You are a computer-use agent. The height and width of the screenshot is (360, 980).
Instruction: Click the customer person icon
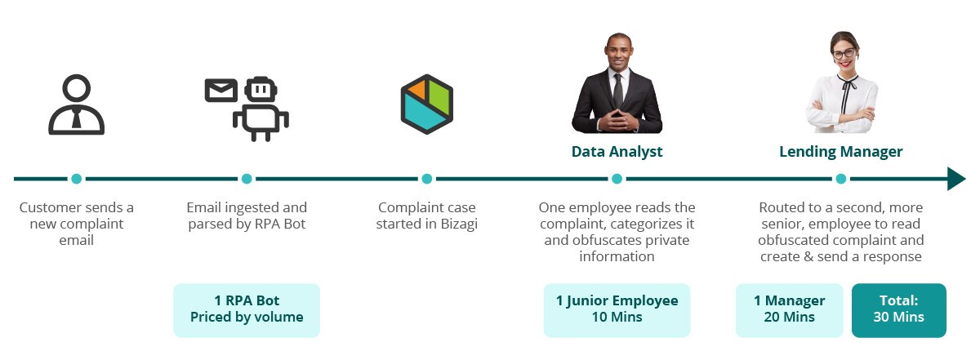pyautogui.click(x=76, y=105)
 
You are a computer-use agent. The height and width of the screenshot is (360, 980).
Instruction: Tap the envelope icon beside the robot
pyautogui.click(x=221, y=90)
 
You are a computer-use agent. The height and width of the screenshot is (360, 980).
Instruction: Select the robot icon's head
pyautogui.click(x=261, y=89)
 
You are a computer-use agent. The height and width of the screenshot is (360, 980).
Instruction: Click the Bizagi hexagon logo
pyautogui.click(x=426, y=104)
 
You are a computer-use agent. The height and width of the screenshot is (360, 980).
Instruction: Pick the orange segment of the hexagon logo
pyautogui.click(x=416, y=89)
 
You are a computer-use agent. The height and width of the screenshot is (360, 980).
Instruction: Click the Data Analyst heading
pyautogui.click(x=617, y=151)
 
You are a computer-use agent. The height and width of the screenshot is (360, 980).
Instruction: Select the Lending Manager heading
pyautogui.click(x=841, y=151)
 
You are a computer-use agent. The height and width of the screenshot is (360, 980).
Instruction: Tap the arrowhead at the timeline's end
pyautogui.click(x=956, y=179)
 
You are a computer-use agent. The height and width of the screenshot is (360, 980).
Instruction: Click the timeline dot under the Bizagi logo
pyautogui.click(x=427, y=179)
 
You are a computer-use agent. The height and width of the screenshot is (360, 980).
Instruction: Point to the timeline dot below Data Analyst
pyautogui.click(x=617, y=179)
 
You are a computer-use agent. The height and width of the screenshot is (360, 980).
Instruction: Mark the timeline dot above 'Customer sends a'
pyautogui.click(x=76, y=179)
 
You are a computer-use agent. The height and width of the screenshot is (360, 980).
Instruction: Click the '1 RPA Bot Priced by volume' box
pyautogui.click(x=247, y=310)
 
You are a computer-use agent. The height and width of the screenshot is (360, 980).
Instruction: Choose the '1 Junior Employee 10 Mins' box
pyautogui.click(x=617, y=310)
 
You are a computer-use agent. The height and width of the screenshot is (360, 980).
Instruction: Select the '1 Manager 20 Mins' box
pyautogui.click(x=789, y=310)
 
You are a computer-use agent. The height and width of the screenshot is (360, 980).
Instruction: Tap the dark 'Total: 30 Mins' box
pyautogui.click(x=899, y=310)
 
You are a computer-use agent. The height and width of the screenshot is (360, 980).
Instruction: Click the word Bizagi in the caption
pyautogui.click(x=459, y=224)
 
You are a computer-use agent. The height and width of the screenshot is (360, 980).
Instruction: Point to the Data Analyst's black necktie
pyautogui.click(x=617, y=91)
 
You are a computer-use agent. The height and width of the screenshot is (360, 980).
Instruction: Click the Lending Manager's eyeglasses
pyautogui.click(x=844, y=53)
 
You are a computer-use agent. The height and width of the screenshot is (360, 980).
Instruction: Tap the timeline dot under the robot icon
pyautogui.click(x=247, y=179)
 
